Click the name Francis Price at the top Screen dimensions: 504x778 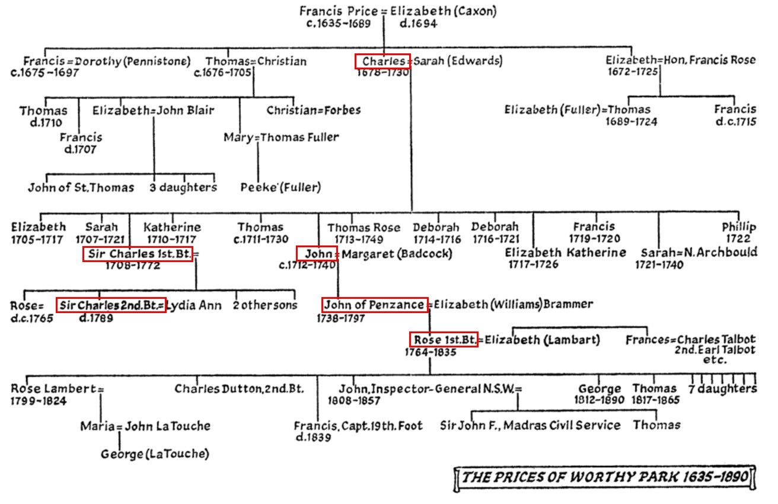pos(336,11)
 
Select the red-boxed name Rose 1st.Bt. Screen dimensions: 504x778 pos(444,340)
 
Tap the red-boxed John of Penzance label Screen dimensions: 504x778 pos(374,305)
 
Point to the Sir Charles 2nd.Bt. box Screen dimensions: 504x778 pos(111,305)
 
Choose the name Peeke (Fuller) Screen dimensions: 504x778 pos(280,188)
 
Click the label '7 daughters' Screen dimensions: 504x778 pos(727,389)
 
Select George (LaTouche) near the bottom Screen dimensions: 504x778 pos(155,454)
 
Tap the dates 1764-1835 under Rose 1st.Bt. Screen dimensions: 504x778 pos(430,352)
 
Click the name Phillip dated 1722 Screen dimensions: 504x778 pos(739,227)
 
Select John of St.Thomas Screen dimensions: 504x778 pos(81,188)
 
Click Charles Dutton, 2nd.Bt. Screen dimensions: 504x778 pos(239,389)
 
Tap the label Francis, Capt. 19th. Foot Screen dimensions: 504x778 pos(359,425)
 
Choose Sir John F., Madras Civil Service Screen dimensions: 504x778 pos(530,425)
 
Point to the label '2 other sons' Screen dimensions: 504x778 pos(266,305)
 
